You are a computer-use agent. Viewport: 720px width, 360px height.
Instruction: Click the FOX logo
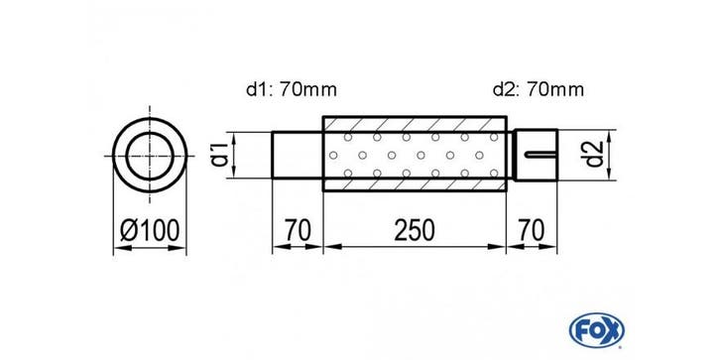pos(596,329)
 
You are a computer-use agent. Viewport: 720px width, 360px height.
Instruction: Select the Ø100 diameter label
pos(150,230)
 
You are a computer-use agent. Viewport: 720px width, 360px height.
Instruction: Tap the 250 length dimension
pos(415,230)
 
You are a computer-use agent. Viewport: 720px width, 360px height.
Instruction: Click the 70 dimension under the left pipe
pos(298,230)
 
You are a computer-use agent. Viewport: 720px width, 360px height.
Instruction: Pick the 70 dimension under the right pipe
pos(531,230)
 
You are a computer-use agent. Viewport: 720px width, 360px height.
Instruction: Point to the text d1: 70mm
pos(292,89)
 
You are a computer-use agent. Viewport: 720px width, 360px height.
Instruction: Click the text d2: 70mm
pos(539,89)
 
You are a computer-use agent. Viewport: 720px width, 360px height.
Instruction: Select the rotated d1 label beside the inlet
pos(221,155)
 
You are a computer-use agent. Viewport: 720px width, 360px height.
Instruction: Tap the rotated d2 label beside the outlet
pos(596,155)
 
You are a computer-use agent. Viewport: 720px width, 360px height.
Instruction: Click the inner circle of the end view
pos(150,133)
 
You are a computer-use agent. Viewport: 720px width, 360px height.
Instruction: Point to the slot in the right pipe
pos(541,154)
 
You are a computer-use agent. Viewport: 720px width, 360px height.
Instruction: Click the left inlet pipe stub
pos(298,155)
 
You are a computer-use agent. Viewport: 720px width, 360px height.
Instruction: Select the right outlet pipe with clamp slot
pos(536,155)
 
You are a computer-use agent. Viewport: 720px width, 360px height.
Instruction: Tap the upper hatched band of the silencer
pos(415,124)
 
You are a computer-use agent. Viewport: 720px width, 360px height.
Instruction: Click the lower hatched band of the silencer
pos(415,184)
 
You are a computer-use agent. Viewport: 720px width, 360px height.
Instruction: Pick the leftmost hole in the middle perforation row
pos(333,155)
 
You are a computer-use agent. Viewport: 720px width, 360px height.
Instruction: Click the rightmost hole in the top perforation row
pos(494,137)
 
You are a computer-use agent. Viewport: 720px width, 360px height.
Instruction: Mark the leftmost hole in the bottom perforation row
pos(347,174)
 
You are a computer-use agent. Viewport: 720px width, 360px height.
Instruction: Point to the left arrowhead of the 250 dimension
pos(332,247)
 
